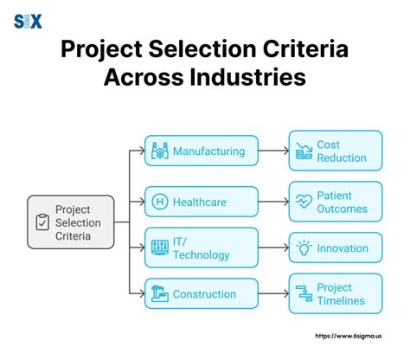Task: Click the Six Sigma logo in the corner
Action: point(29,22)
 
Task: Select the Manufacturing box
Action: point(201,151)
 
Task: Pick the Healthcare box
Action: point(201,202)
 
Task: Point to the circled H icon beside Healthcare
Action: point(160,202)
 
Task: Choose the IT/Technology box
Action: point(201,247)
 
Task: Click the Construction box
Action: point(201,294)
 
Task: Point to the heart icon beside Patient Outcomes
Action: point(303,202)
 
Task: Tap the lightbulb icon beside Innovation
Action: point(303,247)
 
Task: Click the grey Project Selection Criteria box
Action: point(70,222)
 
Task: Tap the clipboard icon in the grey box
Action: point(42,222)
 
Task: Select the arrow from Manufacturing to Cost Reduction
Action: point(272,151)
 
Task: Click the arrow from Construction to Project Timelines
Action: point(272,294)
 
